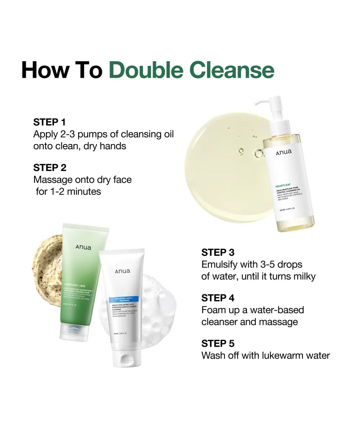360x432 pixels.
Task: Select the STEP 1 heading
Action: (x=50, y=122)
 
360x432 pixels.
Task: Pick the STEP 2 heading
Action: (x=50, y=168)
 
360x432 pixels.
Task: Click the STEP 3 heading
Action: (x=218, y=252)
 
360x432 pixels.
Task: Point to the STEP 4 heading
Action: (x=218, y=298)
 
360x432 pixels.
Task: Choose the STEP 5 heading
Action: (x=218, y=343)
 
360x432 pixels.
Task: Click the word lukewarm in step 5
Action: (x=275, y=356)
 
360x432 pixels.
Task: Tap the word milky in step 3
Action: (x=303, y=276)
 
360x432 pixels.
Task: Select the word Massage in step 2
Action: (x=51, y=180)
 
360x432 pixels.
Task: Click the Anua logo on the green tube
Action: (x=83, y=247)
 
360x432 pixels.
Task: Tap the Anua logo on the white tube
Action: (x=123, y=271)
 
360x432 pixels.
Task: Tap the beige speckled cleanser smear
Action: (x=47, y=270)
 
